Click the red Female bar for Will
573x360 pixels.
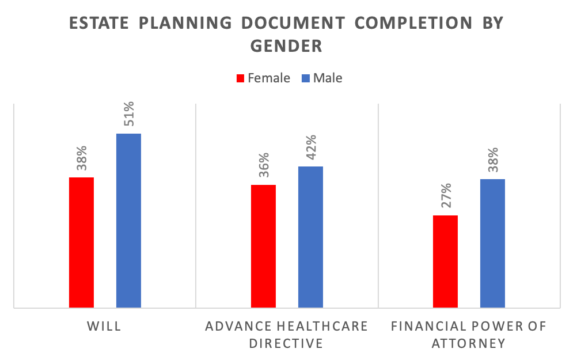(x=81, y=242)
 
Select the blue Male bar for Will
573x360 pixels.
(x=128, y=221)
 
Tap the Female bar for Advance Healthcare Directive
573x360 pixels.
(x=263, y=246)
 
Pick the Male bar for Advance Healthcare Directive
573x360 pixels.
(x=310, y=237)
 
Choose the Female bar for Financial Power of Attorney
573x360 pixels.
(x=445, y=262)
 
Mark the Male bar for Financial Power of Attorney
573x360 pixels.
(x=492, y=243)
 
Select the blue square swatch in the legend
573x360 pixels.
(x=306, y=78)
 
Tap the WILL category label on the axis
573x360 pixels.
(x=104, y=327)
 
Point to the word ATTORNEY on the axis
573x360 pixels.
(x=468, y=344)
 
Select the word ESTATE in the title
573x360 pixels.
(x=98, y=24)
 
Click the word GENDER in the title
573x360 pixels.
(x=286, y=46)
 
